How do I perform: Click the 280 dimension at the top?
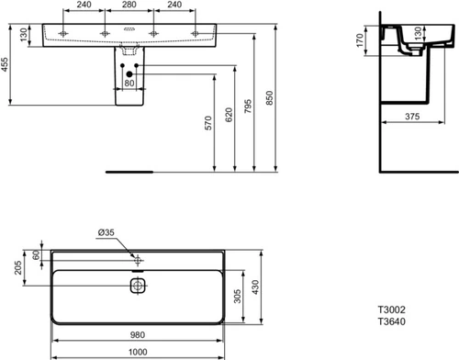(x=129, y=5)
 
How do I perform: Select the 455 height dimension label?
(x=5, y=64)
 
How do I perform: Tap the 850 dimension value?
(x=269, y=98)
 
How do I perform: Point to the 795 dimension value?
(x=248, y=106)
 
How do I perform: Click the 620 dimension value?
(x=229, y=115)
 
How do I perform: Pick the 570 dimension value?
(x=208, y=123)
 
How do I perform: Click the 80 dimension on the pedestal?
(x=129, y=83)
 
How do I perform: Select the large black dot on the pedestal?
(x=129, y=74)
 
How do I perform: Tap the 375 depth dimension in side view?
(x=412, y=117)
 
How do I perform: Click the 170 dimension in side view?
(x=360, y=40)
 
